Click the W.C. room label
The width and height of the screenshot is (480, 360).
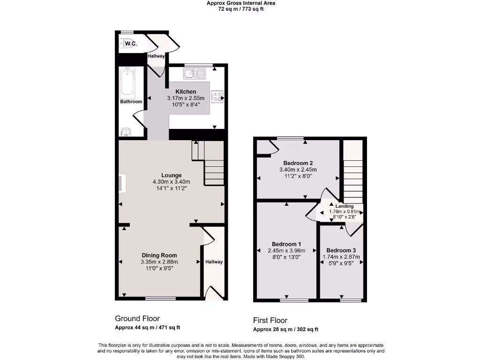click(x=131, y=44)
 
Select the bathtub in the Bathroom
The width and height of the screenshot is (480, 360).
click(x=127, y=82)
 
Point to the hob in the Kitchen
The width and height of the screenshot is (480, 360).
click(x=218, y=97)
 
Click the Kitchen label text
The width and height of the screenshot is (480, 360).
click(x=186, y=91)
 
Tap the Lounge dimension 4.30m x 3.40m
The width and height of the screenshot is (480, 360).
click(x=171, y=182)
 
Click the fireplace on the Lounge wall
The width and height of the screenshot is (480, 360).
click(x=122, y=183)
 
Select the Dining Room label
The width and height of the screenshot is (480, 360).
click(x=159, y=255)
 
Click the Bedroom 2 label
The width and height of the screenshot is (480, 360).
click(x=298, y=163)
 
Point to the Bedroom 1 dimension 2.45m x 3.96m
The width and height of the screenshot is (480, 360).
click(x=286, y=250)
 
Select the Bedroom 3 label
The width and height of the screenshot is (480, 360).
click(x=341, y=250)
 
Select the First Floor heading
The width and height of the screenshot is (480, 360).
click(x=270, y=321)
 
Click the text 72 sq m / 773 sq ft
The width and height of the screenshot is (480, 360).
click(x=241, y=9)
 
